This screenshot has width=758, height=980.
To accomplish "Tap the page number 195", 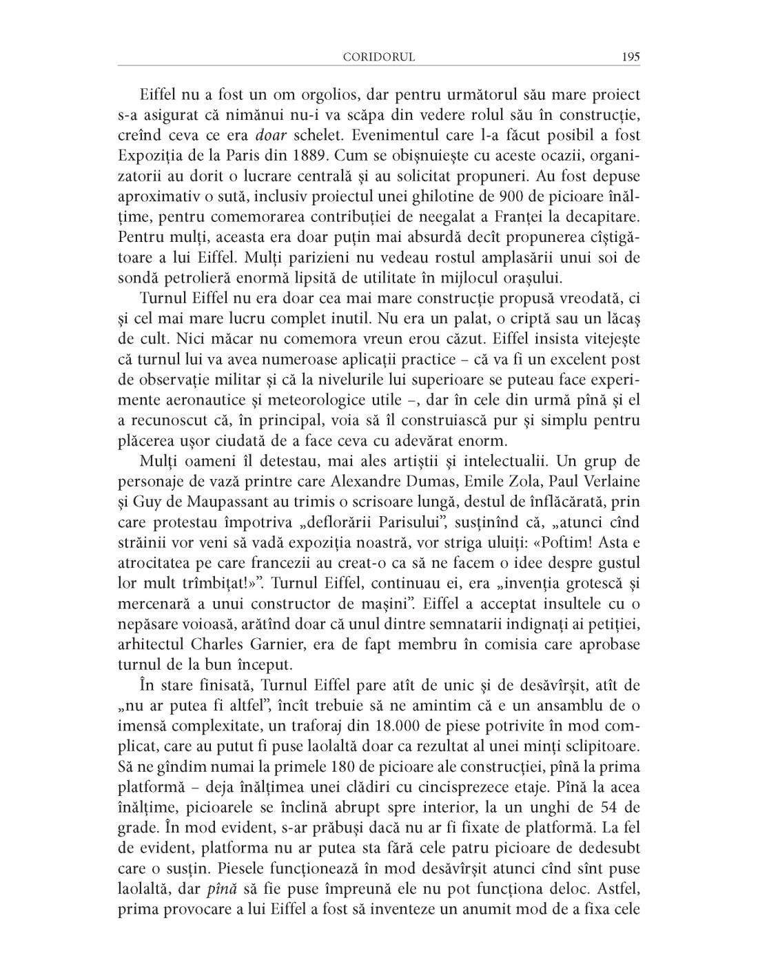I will [630, 57].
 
